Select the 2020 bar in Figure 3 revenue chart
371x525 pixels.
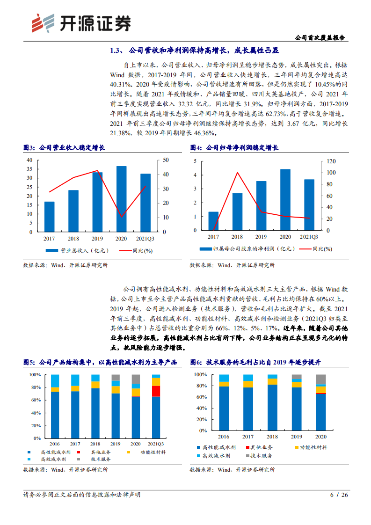(121, 199)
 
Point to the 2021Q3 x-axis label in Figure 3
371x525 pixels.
(145, 238)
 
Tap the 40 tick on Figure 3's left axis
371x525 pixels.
(29, 160)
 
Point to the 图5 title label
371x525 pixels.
(29, 362)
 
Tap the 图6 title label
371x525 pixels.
(196, 362)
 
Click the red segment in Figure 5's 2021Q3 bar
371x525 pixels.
(156, 391)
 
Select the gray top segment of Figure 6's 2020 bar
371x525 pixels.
(321, 379)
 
